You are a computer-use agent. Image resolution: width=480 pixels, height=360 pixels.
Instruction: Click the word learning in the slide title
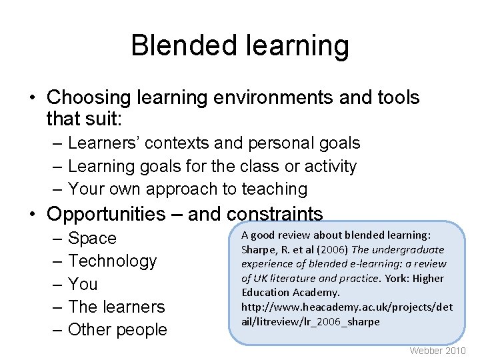[x=295, y=46]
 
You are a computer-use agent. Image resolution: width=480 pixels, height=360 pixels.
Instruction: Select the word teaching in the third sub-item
[x=271, y=189]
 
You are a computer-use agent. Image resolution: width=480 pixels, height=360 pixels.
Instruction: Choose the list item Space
[x=92, y=239]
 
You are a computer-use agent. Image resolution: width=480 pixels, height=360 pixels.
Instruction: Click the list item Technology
[x=113, y=261]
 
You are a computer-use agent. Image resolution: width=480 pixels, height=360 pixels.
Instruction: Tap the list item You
[x=83, y=284]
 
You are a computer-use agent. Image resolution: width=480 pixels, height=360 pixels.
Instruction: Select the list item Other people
[x=118, y=330]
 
